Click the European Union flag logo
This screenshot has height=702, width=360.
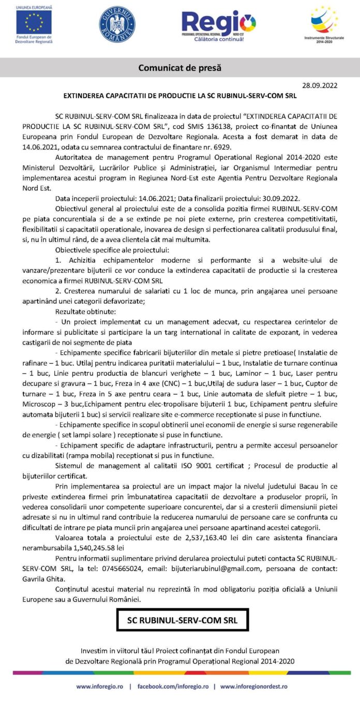[x=34, y=22]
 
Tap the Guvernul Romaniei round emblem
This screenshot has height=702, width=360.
[x=117, y=24]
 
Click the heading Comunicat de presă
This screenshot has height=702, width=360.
[x=179, y=67]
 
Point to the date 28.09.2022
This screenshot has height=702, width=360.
[x=320, y=85]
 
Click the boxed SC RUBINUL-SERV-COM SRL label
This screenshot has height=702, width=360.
[x=182, y=620]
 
